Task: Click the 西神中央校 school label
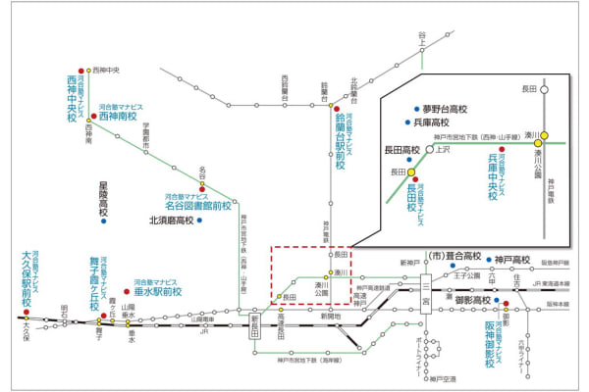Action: [x=72, y=98]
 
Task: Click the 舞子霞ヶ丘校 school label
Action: [x=95, y=279]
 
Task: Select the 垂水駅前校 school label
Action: [x=159, y=291]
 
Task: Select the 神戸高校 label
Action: [x=511, y=260]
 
